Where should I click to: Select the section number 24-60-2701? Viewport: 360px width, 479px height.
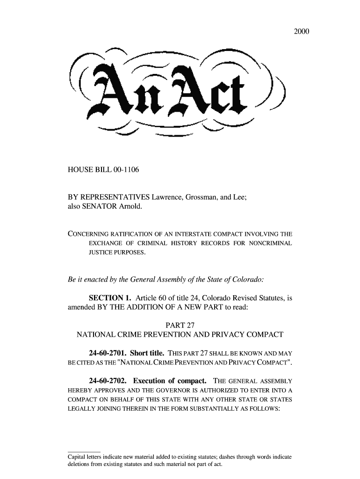coord(107,353)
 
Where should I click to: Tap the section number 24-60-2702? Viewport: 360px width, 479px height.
coord(107,380)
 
